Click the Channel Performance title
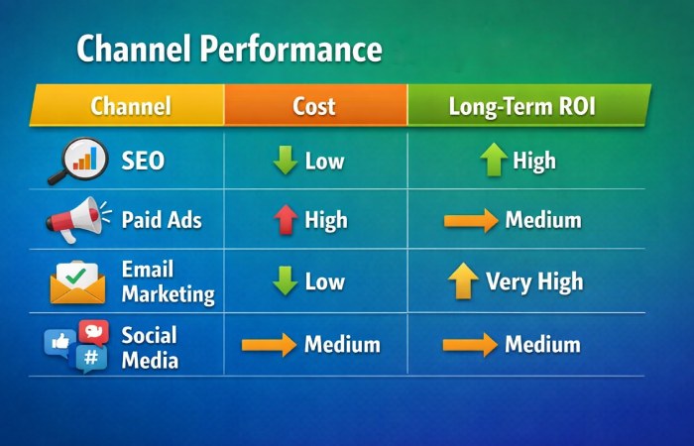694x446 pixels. tap(229, 49)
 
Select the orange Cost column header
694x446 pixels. tap(314, 106)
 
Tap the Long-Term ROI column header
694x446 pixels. tap(522, 106)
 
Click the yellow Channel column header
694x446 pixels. tap(130, 106)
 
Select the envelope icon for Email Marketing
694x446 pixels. tap(77, 281)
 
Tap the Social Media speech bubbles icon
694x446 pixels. tap(76, 345)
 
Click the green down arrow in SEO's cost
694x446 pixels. tap(286, 161)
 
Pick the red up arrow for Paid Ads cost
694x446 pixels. tap(286, 219)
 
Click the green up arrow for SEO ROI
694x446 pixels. tap(493, 161)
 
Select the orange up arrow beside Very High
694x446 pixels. tap(462, 282)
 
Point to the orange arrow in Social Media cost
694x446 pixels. tap(269, 345)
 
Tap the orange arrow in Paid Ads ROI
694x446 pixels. tap(471, 219)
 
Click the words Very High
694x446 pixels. tap(534, 282)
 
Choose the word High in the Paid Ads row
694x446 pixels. tap(326, 219)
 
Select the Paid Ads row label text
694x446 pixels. tap(161, 219)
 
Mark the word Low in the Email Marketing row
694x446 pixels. tap(324, 282)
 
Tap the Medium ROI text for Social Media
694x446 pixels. tap(542, 345)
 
